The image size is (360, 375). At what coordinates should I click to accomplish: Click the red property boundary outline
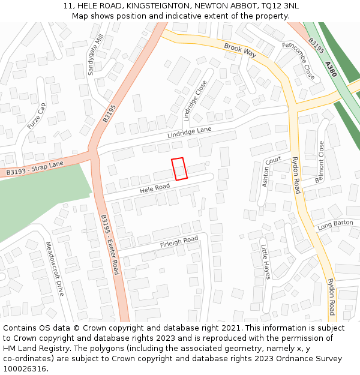coord(179,169)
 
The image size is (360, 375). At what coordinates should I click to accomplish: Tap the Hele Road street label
coord(155,188)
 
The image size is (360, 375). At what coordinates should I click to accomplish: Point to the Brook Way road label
coord(240,50)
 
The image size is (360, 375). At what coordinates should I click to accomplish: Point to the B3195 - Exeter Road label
coord(110,244)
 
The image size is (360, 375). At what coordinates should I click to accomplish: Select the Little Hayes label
coord(265,262)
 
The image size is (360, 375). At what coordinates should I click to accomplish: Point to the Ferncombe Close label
coord(298,61)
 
